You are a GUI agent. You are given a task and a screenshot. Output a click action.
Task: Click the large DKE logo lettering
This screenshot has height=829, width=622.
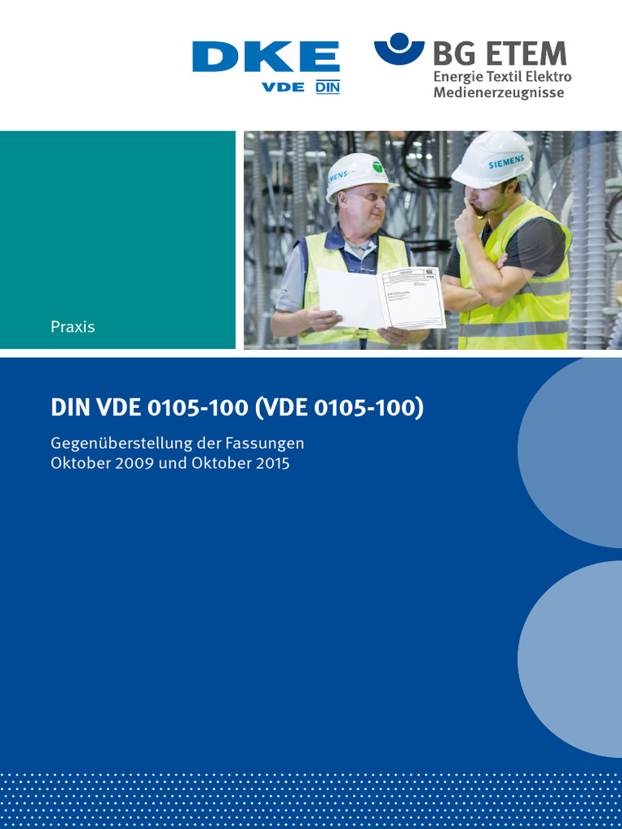point(266,57)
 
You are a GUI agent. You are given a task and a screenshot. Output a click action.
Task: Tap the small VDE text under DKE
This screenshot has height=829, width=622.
point(283,87)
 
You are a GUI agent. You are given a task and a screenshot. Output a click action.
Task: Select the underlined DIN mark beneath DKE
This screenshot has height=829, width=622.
point(327,87)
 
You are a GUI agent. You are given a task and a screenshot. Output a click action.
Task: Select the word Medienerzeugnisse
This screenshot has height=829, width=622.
point(498,92)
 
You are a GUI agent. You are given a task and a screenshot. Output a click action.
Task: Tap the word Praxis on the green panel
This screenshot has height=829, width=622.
point(73,327)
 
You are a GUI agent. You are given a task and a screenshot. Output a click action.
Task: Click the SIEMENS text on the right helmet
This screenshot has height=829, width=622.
point(507,162)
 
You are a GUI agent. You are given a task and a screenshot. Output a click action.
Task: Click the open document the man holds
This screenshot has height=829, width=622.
point(381,298)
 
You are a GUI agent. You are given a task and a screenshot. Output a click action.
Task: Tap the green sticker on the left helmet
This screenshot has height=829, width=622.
point(377,166)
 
